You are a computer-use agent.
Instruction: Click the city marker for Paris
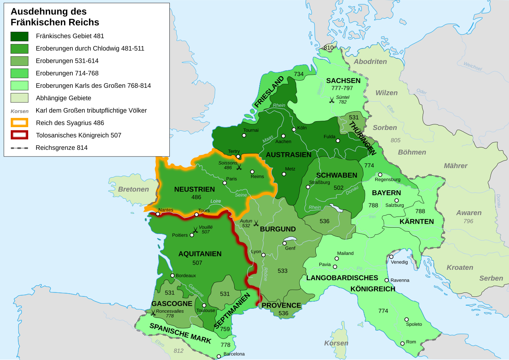tap(225, 183)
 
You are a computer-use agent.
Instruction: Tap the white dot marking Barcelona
tap(219, 356)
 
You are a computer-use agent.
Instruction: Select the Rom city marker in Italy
tap(402, 343)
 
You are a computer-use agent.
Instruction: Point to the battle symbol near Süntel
tap(332, 100)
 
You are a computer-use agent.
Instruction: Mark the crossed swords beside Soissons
tap(239, 167)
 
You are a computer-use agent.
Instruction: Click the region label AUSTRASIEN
tap(288, 155)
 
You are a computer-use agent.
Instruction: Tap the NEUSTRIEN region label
tap(194, 190)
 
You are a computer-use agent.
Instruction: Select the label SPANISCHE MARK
tap(180, 333)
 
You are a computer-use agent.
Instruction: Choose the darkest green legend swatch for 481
tap(19, 37)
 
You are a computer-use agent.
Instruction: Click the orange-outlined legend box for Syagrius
tap(19, 123)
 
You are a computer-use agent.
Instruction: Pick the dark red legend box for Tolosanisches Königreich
tap(19, 135)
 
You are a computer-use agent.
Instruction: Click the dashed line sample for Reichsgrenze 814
tap(19, 148)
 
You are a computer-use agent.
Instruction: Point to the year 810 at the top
tap(328, 48)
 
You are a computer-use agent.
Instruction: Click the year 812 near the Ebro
tap(179, 351)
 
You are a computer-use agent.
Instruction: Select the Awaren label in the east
tap(469, 213)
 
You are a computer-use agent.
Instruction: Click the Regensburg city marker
tap(380, 174)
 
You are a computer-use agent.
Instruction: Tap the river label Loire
tap(216, 201)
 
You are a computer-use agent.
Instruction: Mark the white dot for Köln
tap(294, 129)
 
